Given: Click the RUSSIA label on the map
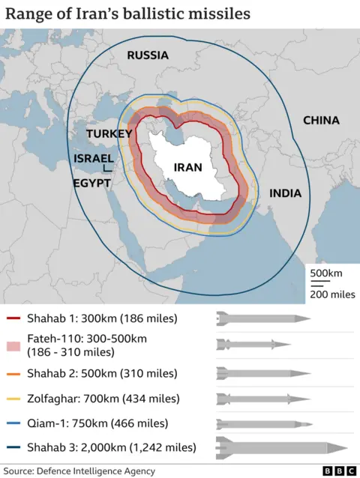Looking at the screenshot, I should (147, 55).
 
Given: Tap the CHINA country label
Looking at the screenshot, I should (321, 120).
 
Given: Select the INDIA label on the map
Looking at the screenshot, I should (285, 193).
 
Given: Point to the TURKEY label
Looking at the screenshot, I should (109, 133).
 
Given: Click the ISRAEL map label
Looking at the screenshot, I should (94, 158).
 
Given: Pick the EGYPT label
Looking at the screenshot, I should (91, 182).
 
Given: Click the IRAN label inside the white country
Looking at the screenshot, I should (187, 168).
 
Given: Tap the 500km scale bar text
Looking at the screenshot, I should (327, 272).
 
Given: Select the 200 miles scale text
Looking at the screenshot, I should (332, 294).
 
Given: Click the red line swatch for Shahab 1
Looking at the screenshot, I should (13, 319).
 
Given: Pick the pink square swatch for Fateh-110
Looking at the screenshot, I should (13, 344).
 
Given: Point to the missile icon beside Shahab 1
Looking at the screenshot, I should (262, 319).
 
